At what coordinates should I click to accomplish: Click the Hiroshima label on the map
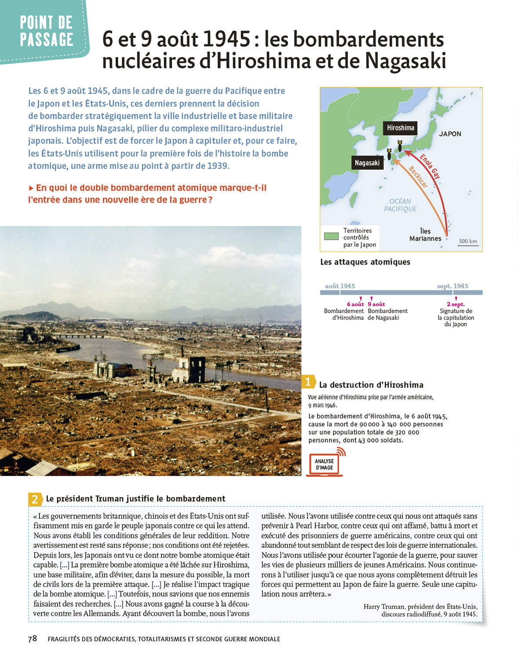400,128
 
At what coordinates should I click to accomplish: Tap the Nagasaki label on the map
367,163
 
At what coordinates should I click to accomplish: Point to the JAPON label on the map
450,134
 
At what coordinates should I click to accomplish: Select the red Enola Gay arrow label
430,166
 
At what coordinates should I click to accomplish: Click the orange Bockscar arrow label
418,177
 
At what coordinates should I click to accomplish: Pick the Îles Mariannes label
425,235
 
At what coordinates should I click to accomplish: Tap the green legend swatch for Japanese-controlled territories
331,236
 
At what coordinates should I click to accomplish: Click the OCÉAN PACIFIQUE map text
400,205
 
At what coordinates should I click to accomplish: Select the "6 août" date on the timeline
355,304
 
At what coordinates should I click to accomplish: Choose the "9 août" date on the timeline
376,304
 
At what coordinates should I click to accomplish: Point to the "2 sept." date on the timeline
456,304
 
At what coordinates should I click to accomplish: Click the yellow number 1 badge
308,382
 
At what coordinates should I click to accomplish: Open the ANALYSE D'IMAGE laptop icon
325,464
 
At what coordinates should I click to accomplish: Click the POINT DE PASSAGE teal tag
46,31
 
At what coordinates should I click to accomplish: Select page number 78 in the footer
33,638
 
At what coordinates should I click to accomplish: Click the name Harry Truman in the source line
384,607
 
